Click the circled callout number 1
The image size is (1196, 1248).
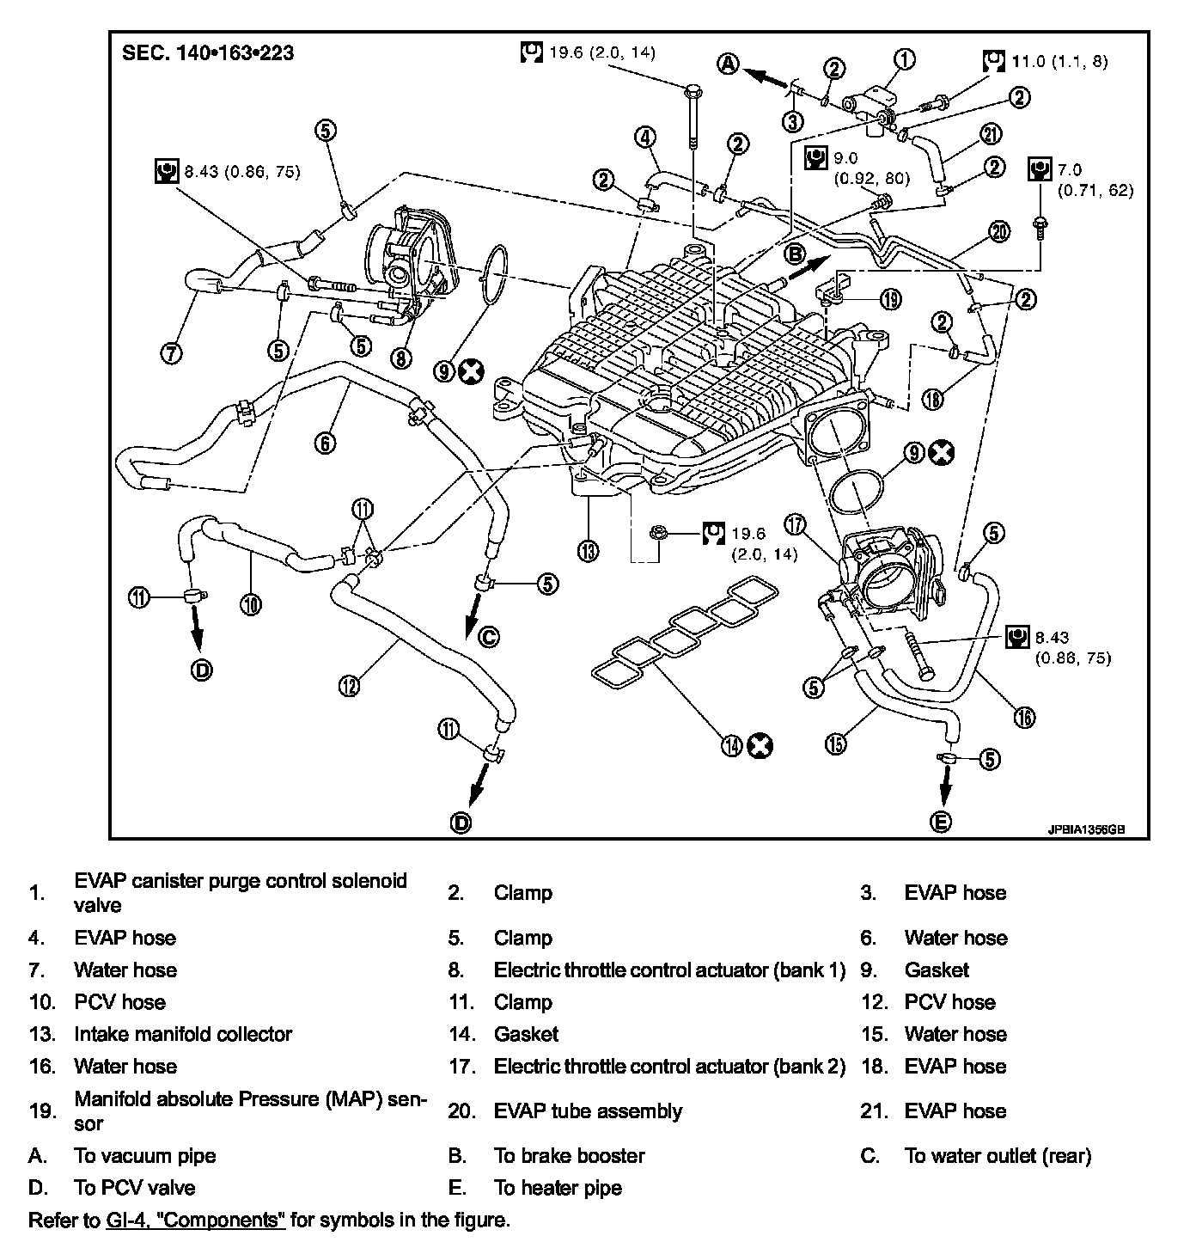tap(904, 58)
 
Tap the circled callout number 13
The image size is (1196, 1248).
tap(588, 550)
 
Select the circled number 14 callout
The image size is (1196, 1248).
tap(732, 745)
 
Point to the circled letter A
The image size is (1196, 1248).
tap(729, 64)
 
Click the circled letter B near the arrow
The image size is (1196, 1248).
tap(794, 254)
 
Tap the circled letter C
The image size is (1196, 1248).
tap(487, 637)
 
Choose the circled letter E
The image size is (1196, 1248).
tap(942, 822)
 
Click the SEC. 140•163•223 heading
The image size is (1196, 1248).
tap(208, 53)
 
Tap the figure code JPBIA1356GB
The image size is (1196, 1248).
tap(1085, 831)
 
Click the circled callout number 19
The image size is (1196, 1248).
tap(890, 298)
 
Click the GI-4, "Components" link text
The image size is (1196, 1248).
tap(195, 1220)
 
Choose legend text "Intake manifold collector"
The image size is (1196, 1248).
tap(183, 1034)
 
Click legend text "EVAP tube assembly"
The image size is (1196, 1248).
tap(588, 1110)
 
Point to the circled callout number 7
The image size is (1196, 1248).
tap(172, 352)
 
